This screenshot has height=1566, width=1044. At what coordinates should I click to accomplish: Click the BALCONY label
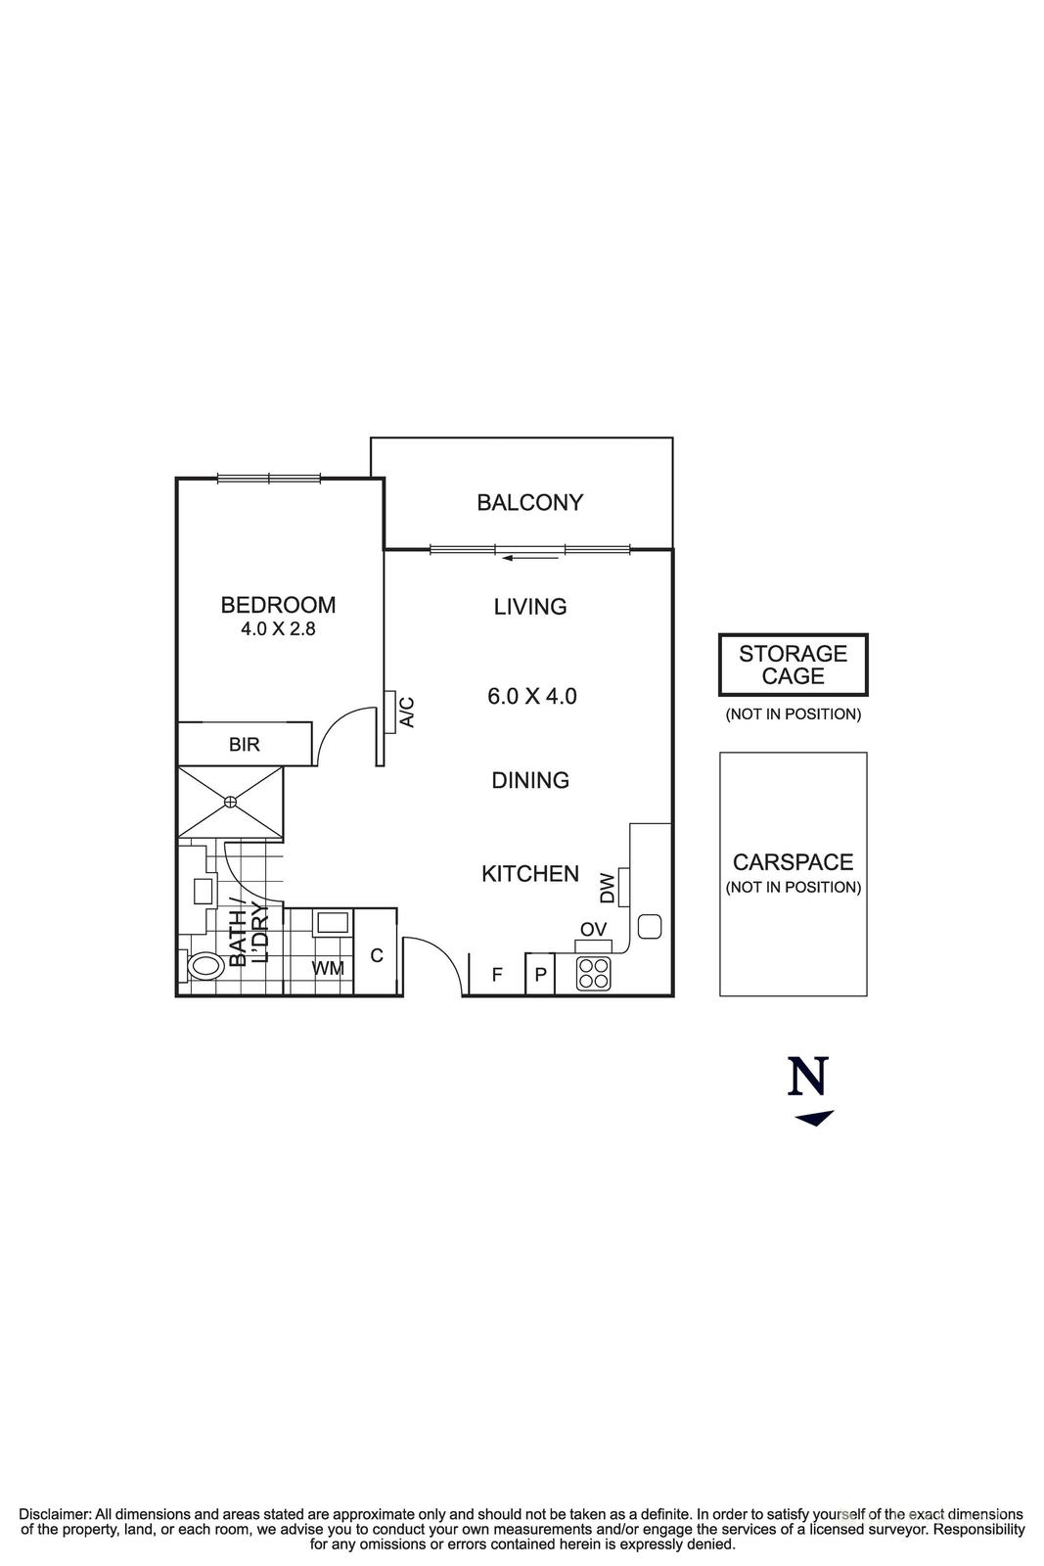(x=529, y=503)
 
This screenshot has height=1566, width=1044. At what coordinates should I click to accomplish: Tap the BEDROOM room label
(x=278, y=605)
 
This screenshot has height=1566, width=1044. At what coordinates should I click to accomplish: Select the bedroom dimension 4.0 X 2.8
(x=278, y=629)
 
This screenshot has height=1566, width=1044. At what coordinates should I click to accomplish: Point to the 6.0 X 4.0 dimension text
(x=531, y=697)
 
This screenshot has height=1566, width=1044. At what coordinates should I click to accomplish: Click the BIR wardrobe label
(x=245, y=745)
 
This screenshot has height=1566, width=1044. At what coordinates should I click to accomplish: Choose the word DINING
(x=530, y=780)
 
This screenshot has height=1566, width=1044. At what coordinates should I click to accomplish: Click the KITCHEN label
(x=530, y=874)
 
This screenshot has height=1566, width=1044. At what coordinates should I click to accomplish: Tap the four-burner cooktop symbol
(x=593, y=973)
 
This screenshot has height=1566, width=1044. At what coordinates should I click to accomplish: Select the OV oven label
(x=593, y=929)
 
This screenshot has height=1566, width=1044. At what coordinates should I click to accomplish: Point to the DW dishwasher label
(x=608, y=888)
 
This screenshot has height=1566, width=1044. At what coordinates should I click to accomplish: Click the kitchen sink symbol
(x=650, y=926)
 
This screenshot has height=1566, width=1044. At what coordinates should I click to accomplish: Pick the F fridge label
(x=496, y=975)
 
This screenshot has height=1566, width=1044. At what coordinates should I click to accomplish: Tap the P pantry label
(x=540, y=976)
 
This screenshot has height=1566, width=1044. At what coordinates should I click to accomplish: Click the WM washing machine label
(x=328, y=969)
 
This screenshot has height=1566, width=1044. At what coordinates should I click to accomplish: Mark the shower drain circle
(x=230, y=803)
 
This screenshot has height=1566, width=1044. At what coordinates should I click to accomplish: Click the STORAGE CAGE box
(x=793, y=665)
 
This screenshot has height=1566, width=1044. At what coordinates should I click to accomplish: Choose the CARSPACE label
(x=793, y=862)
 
